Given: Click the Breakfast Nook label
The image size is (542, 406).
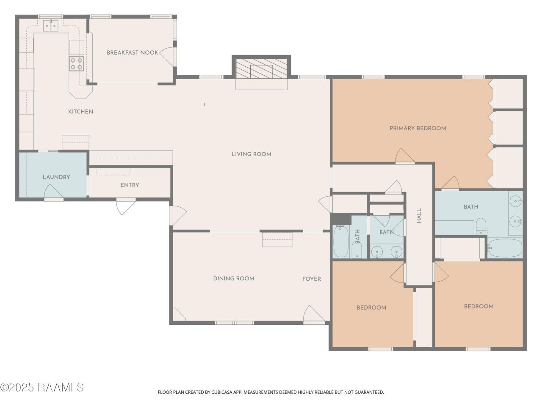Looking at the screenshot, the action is [133, 52].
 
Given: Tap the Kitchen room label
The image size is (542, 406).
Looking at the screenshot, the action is [81, 112].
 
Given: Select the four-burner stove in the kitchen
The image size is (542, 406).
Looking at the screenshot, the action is [76, 63].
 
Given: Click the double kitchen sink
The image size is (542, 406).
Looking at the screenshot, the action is [51, 26].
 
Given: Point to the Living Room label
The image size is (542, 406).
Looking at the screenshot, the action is [252, 154].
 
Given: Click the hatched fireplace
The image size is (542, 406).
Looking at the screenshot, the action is [262, 69].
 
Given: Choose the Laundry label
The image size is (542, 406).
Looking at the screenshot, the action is [57, 177].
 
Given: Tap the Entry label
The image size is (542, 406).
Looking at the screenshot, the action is [130, 185].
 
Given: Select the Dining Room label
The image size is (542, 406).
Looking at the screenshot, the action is [234, 279].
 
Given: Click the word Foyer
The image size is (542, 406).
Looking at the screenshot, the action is [312, 279].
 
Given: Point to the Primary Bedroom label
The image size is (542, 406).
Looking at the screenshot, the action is [418, 129].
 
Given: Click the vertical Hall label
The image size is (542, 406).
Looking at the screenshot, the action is [419, 216].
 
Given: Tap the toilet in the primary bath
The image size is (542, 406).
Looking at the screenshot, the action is [481, 226].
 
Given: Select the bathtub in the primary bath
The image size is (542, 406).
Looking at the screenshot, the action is [505, 248].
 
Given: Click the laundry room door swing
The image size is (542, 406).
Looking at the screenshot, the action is [54, 191].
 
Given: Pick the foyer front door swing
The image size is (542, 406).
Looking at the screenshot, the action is [314, 313].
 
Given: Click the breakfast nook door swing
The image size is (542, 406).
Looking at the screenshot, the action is [167, 56].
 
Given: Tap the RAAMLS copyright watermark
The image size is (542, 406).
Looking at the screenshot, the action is [42, 387].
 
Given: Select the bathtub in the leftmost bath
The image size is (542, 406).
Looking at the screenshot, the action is [341, 241].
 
